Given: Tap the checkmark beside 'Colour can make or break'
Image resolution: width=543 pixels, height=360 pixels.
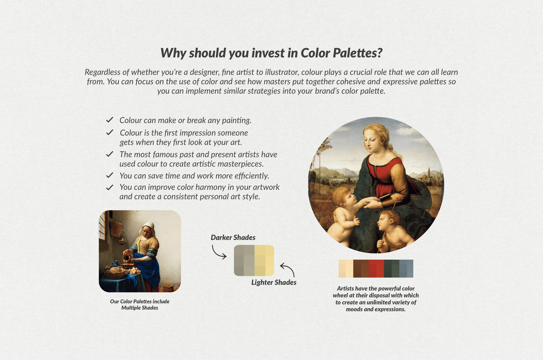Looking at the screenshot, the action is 110,120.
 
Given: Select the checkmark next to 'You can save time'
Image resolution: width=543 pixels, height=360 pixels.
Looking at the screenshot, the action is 110,175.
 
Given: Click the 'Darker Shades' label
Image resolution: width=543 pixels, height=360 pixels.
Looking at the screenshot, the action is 233,238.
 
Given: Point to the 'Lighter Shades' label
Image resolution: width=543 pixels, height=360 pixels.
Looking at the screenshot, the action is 274,282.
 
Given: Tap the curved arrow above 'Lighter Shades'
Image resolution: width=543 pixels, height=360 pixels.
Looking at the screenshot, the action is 288,269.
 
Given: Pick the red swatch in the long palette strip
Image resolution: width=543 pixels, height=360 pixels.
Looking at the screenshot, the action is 376,268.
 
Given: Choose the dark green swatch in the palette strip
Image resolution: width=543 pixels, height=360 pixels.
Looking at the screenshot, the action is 391,268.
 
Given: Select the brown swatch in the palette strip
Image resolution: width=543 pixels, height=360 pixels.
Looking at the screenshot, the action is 361,268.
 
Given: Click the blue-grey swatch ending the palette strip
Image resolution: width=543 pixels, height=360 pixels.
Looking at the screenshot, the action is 406,268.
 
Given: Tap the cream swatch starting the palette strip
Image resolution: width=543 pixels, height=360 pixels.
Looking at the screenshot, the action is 346,268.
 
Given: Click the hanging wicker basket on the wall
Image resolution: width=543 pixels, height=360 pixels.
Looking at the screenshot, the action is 116,229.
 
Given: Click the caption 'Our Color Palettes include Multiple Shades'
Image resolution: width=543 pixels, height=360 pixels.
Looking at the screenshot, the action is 140,305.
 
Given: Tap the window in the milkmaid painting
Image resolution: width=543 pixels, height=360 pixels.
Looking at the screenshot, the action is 102,226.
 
